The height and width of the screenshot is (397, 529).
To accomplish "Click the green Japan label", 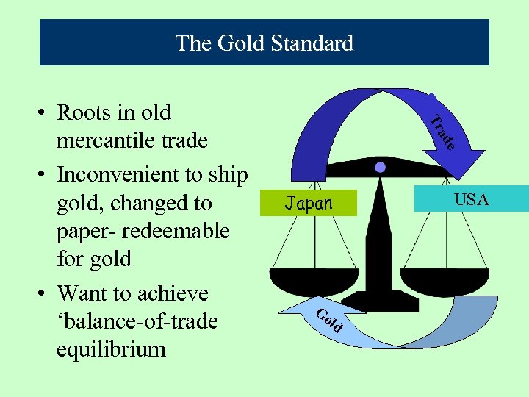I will (x=308, y=203).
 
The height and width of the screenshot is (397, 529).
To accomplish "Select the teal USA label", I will (x=471, y=199).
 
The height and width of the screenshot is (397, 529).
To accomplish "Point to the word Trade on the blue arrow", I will (x=442, y=133).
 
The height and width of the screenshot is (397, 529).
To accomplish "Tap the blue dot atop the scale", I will (x=380, y=168).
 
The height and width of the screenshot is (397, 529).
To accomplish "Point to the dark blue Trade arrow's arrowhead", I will (x=457, y=158).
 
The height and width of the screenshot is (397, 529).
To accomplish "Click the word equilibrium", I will (x=111, y=348).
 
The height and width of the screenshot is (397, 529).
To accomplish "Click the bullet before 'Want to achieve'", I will (x=43, y=294).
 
